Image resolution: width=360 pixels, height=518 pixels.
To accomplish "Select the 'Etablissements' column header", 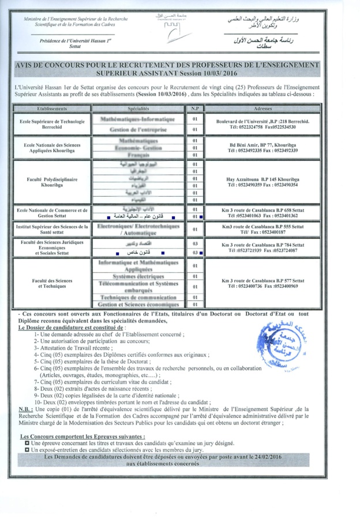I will pyautogui.click(x=51, y=108).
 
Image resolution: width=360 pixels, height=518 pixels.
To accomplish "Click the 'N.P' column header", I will pyautogui.click(x=194, y=108).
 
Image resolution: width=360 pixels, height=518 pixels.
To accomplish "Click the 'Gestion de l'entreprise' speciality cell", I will pyautogui.click(x=138, y=130).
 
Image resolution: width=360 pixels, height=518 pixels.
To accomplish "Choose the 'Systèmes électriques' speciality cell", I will pyautogui.click(x=138, y=277).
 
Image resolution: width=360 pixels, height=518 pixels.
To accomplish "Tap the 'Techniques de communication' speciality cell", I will pyautogui.click(x=138, y=296).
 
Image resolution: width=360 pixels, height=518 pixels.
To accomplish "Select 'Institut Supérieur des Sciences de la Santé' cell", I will pyautogui.click(x=51, y=229).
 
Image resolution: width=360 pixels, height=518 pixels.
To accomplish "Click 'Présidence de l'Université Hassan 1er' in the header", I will pyautogui.click(x=75, y=42).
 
